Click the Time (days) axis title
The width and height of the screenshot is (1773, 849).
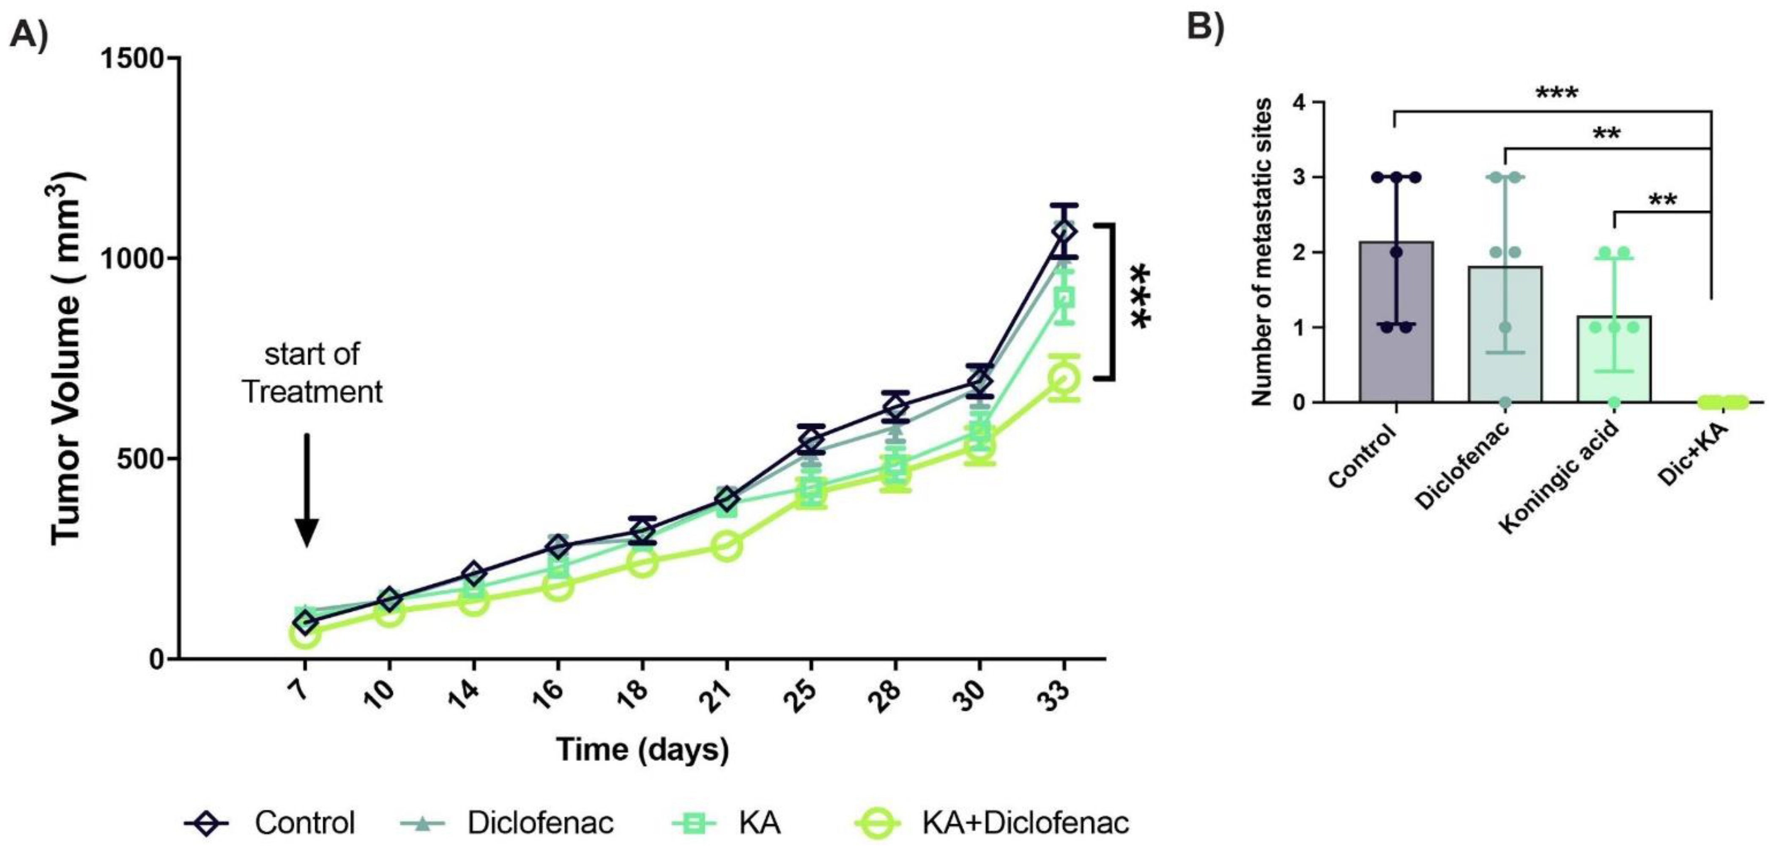[x=642, y=750]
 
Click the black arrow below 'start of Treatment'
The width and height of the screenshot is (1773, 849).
[x=307, y=489]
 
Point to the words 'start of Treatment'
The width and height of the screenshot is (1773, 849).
[x=312, y=372]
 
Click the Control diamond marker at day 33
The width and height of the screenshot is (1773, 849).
[x=1064, y=231]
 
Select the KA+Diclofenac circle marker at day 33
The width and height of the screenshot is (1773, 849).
[x=1064, y=378]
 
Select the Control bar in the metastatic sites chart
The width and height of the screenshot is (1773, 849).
[x=1396, y=323]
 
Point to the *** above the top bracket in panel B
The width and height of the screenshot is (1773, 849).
[x=1557, y=93]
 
